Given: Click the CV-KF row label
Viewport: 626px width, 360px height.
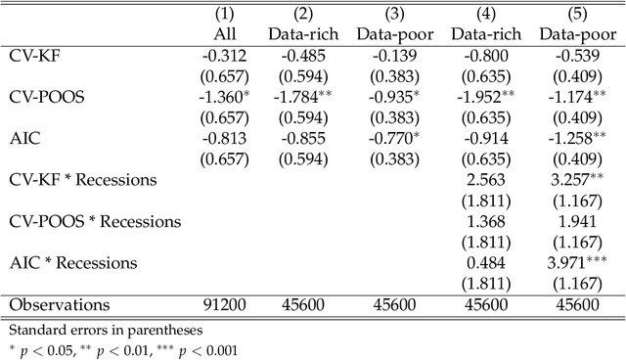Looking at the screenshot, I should [35, 57].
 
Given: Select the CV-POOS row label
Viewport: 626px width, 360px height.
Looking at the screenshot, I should [45, 99].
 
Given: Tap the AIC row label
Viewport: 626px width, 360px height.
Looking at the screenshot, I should [23, 141].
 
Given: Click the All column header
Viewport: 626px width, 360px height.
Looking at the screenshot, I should [225, 34].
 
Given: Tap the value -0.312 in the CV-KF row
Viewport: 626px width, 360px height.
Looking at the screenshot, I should [225, 57].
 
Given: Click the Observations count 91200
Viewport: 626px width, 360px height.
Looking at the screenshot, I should [225, 305].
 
